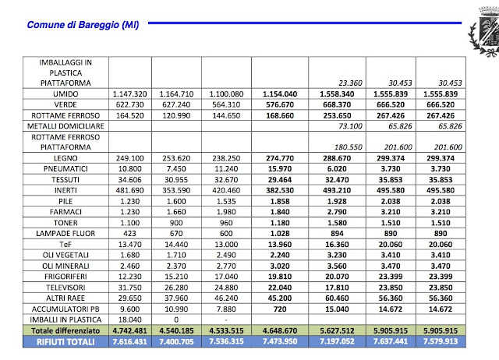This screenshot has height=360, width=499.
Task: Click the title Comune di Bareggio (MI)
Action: [83, 25]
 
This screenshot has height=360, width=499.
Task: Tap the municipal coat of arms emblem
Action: [484, 32]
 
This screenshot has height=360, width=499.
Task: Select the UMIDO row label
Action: [65, 94]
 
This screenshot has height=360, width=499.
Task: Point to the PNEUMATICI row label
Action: [65, 169]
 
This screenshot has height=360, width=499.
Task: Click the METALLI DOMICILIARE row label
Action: [65, 126]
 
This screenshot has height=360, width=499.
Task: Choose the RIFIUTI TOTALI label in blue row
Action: [65, 342]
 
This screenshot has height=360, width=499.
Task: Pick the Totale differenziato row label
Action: [65, 330]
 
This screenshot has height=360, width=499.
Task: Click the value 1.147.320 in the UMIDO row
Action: [130, 94]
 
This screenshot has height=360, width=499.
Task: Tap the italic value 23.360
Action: [350, 83]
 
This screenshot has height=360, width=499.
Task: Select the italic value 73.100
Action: [350, 126]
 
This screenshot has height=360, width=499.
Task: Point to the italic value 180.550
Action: [349, 147]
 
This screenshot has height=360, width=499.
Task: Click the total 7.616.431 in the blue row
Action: [130, 342]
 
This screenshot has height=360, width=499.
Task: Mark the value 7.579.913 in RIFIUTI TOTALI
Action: [441, 341]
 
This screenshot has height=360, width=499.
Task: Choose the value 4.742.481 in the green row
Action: [130, 330]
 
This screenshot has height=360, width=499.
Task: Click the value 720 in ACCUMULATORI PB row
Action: [280, 309]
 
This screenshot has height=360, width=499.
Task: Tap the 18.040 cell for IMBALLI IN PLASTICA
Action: [130, 320]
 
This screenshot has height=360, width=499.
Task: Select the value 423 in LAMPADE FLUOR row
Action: [130, 234]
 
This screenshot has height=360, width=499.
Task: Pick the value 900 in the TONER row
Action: [176, 223]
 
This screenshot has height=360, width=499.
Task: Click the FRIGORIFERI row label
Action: [65, 277]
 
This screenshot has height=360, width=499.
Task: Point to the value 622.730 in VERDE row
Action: [130, 105]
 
